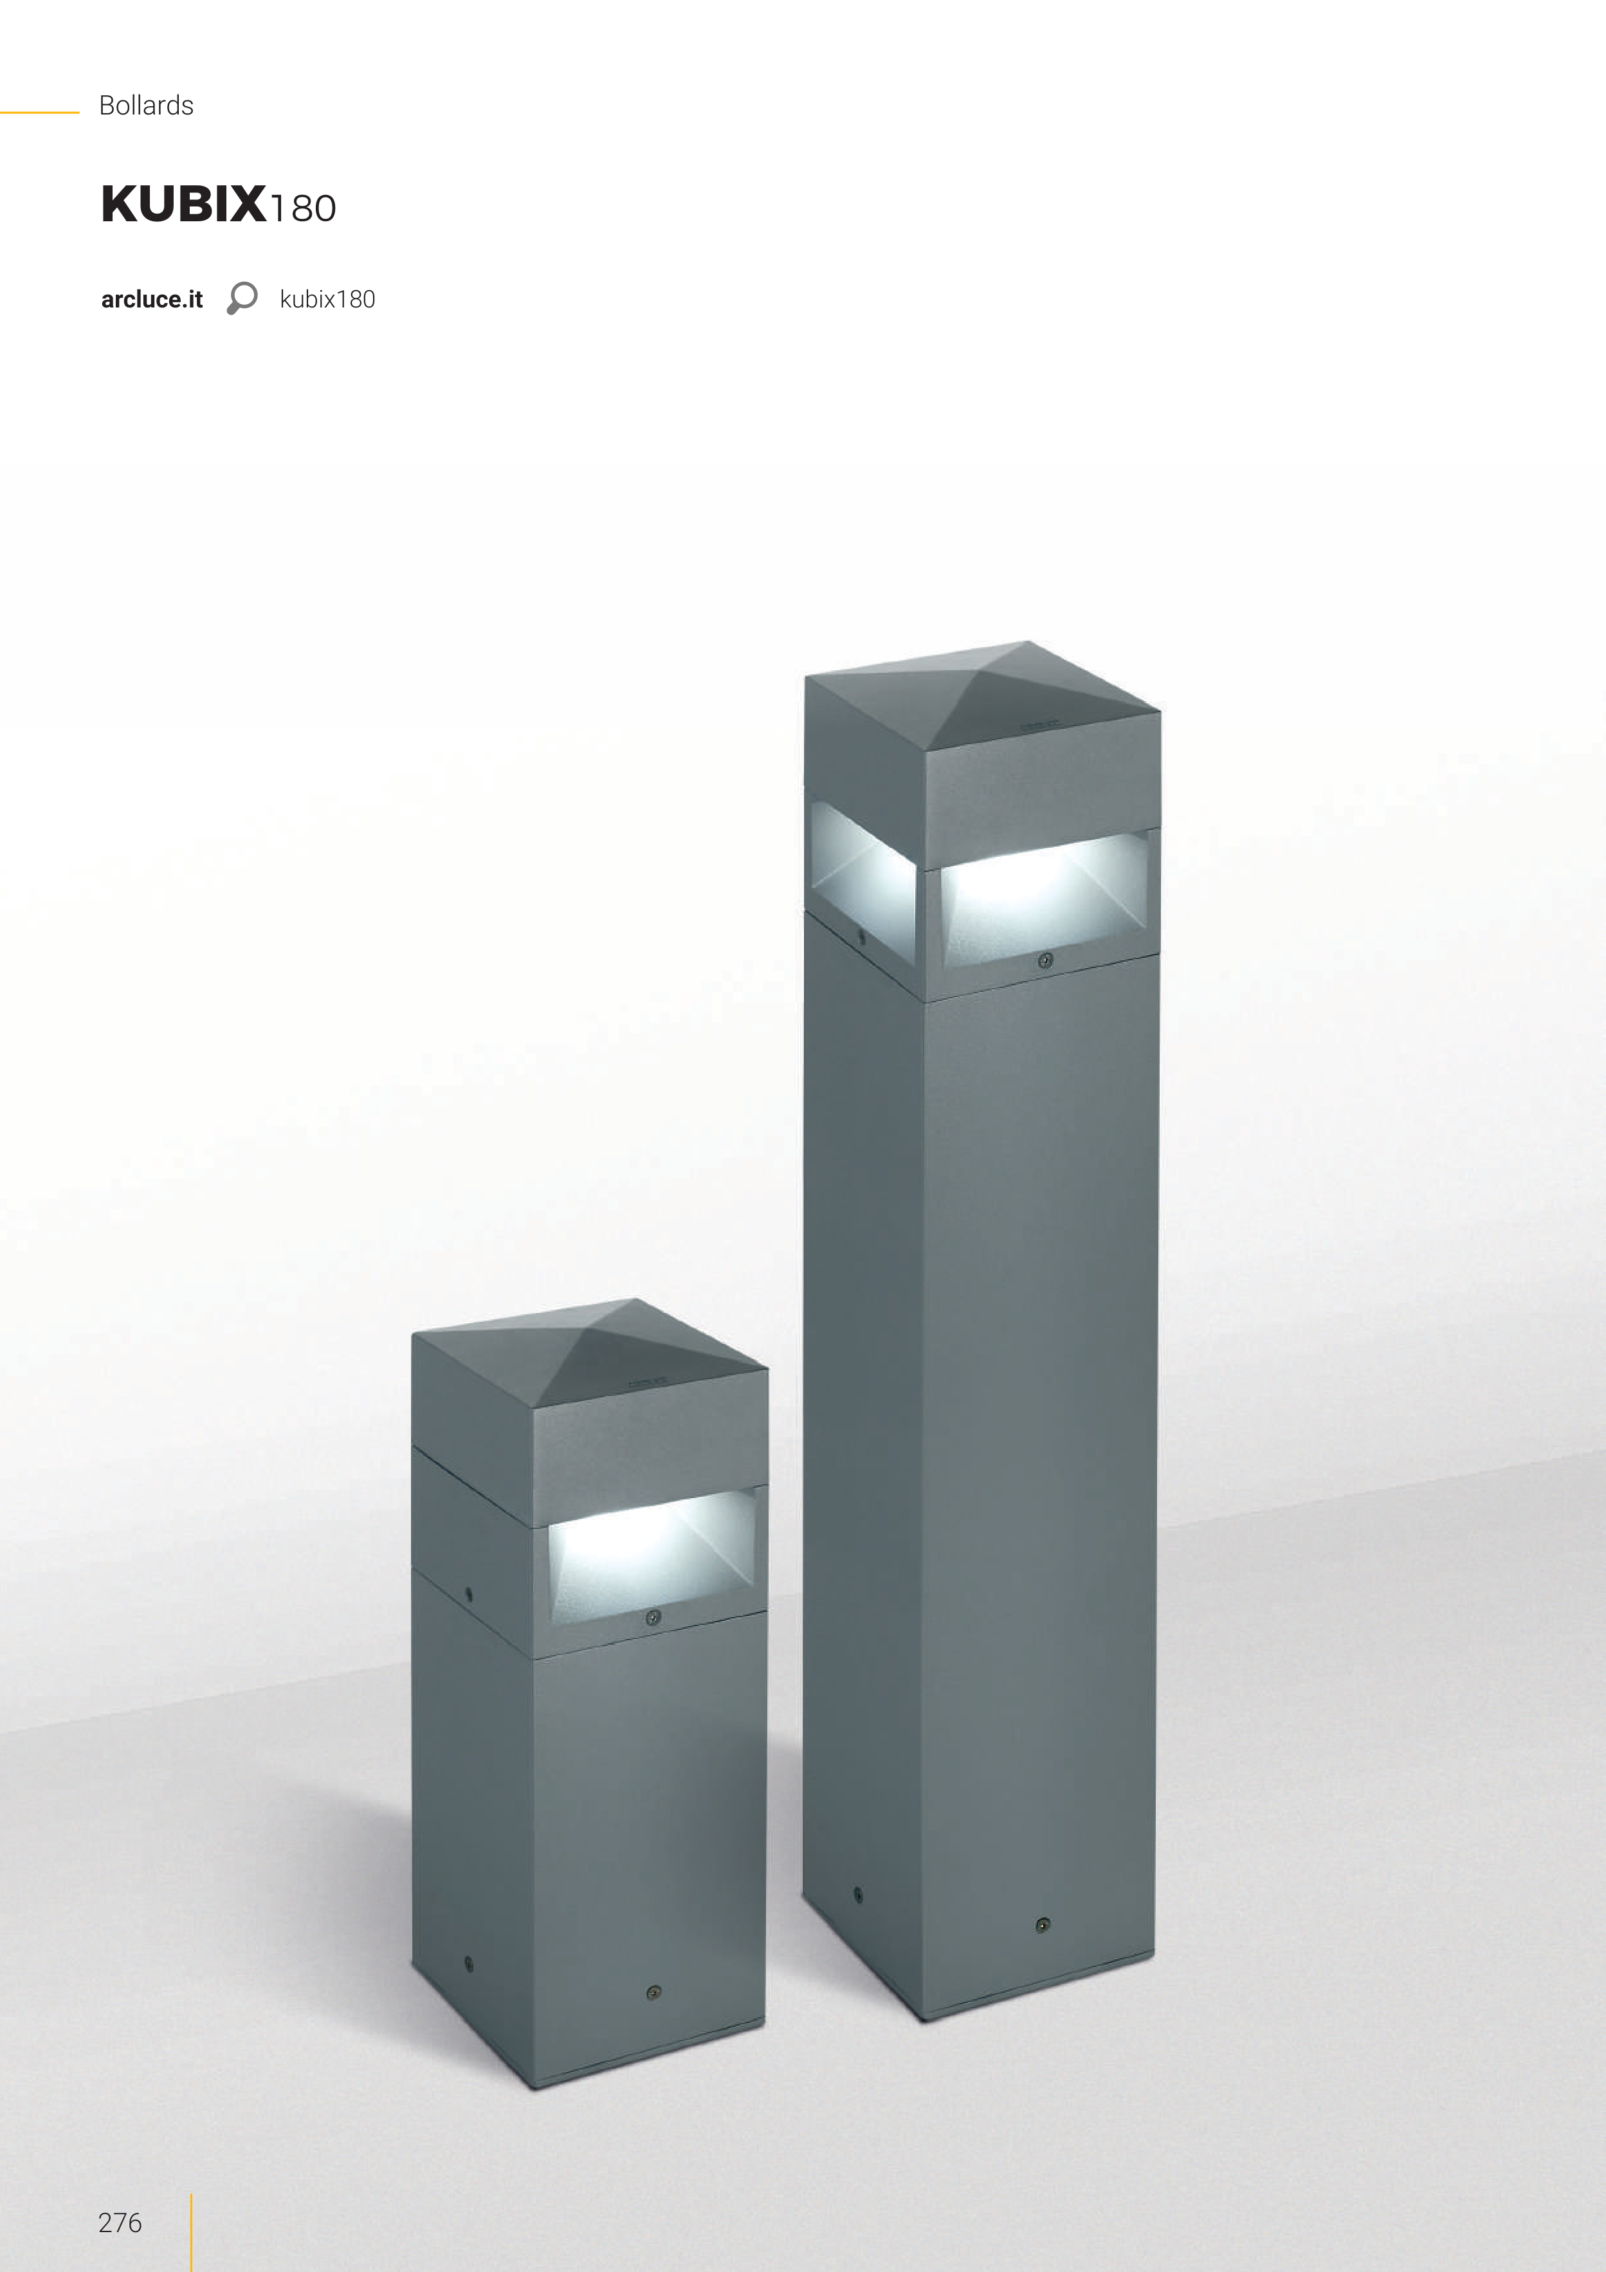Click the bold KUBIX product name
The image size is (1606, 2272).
[x=184, y=204]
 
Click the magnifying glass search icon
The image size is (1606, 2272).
[x=241, y=298]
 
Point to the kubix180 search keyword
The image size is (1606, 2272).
[x=327, y=300]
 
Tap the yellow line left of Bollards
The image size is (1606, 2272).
[x=40, y=113]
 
